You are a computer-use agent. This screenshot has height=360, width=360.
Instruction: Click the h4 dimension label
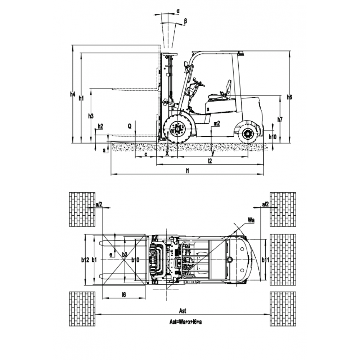tap(73, 94)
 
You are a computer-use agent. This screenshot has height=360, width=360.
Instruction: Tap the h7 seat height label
tap(280, 119)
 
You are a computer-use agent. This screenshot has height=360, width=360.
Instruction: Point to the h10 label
tap(273, 136)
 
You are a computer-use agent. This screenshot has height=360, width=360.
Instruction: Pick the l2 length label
tap(210, 161)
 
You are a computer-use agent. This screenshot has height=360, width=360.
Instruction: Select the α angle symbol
tap(178, 11)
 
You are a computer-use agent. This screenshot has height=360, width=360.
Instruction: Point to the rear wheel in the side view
tap(248, 134)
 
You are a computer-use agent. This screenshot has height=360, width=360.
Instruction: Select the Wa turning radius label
tap(251, 219)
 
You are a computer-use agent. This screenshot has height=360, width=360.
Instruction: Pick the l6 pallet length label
tap(123, 295)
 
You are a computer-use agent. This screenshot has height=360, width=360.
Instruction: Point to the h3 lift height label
tap(91, 116)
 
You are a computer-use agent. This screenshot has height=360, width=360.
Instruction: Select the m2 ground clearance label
tap(216, 123)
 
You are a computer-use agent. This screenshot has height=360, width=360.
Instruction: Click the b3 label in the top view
tap(125, 255)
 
